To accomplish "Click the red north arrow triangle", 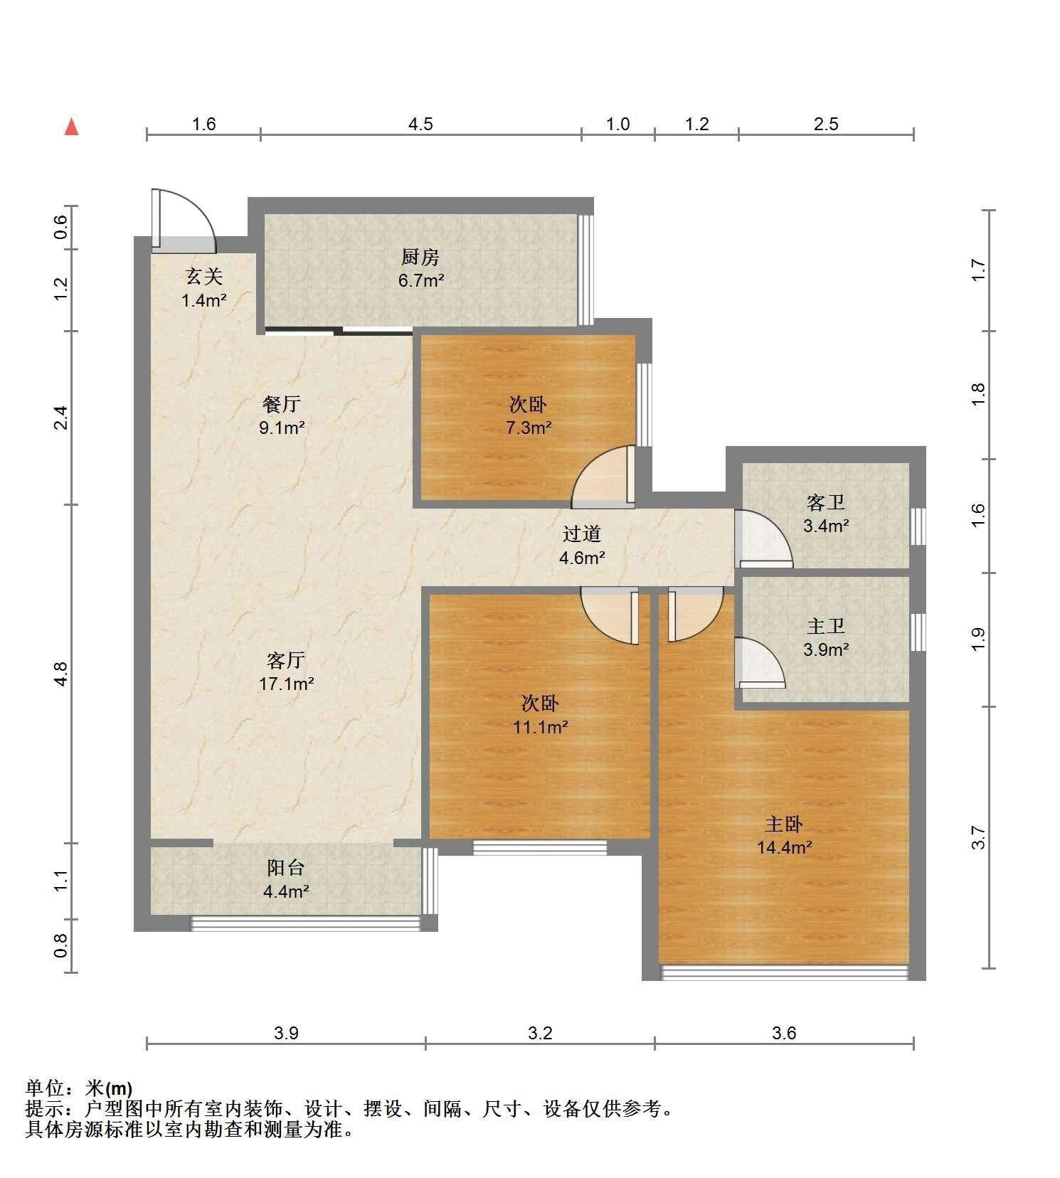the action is (x=71, y=127).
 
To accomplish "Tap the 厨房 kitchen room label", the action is (x=420, y=257).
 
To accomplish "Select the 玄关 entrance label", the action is (x=204, y=277).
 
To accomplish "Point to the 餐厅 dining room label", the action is (x=282, y=404).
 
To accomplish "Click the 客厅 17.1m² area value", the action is (x=287, y=684).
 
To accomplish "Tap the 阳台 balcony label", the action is (x=286, y=868).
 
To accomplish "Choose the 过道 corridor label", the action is (x=582, y=534).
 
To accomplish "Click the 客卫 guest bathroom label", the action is (x=826, y=503).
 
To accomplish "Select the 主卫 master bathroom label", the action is (x=826, y=626).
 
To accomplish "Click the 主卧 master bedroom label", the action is (x=784, y=824).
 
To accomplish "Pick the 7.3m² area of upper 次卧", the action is (x=529, y=428).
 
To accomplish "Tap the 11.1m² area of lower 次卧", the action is (x=541, y=727).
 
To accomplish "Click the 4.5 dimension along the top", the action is (x=420, y=124).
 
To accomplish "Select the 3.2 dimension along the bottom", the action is (x=540, y=1033).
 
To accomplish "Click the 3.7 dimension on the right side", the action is (x=979, y=837).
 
